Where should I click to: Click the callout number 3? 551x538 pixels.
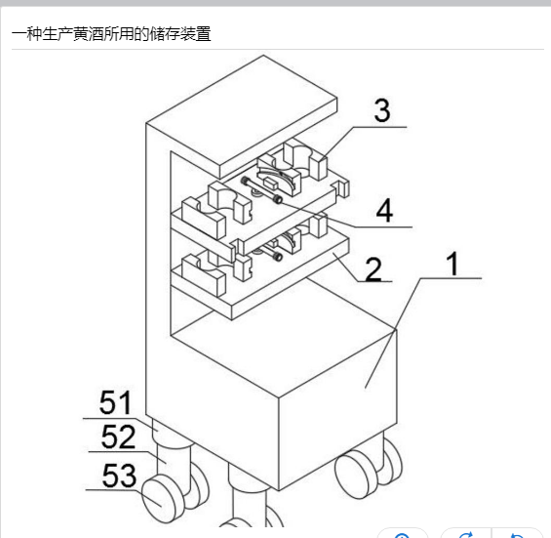coord(382,110)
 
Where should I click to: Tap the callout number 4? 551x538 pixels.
coord(384,210)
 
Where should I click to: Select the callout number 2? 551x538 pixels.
coord(374,269)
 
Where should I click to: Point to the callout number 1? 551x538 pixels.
coord(453,264)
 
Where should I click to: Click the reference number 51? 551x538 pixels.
coord(115,402)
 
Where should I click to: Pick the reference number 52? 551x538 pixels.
coord(118,436)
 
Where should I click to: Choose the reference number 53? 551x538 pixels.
coord(119,475)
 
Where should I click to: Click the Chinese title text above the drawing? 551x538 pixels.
coord(111,34)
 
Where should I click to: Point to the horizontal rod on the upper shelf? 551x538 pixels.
coord(261,190)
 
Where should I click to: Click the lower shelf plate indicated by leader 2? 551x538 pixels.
coord(259,278)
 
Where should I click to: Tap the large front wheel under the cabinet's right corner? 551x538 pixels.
coord(356,475)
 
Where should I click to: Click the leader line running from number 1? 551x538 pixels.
coord(423,333)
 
